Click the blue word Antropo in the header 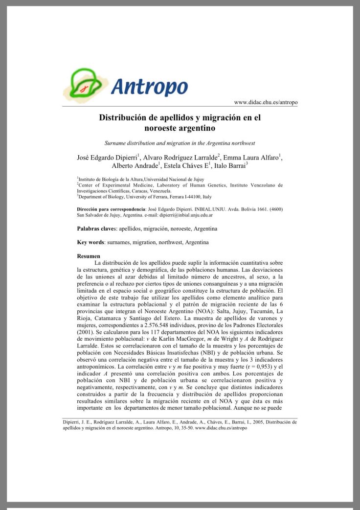[x=149, y=87]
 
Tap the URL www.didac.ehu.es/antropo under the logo [x=266, y=102]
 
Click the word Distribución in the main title [x=128, y=118]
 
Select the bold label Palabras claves [x=96, y=229]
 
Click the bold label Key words [x=90, y=242]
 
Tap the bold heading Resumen [x=89, y=256]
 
